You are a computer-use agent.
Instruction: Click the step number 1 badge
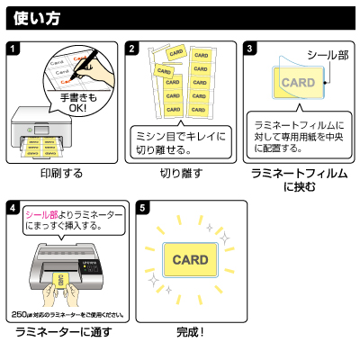point(12,48)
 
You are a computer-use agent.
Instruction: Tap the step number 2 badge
point(132,48)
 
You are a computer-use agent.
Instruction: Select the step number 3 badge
point(251,48)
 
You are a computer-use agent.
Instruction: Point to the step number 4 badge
point(12,207)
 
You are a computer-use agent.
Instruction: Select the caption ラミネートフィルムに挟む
point(300,179)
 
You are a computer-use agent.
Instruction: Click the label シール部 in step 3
point(327,56)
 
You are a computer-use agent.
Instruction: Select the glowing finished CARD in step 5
point(190,260)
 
